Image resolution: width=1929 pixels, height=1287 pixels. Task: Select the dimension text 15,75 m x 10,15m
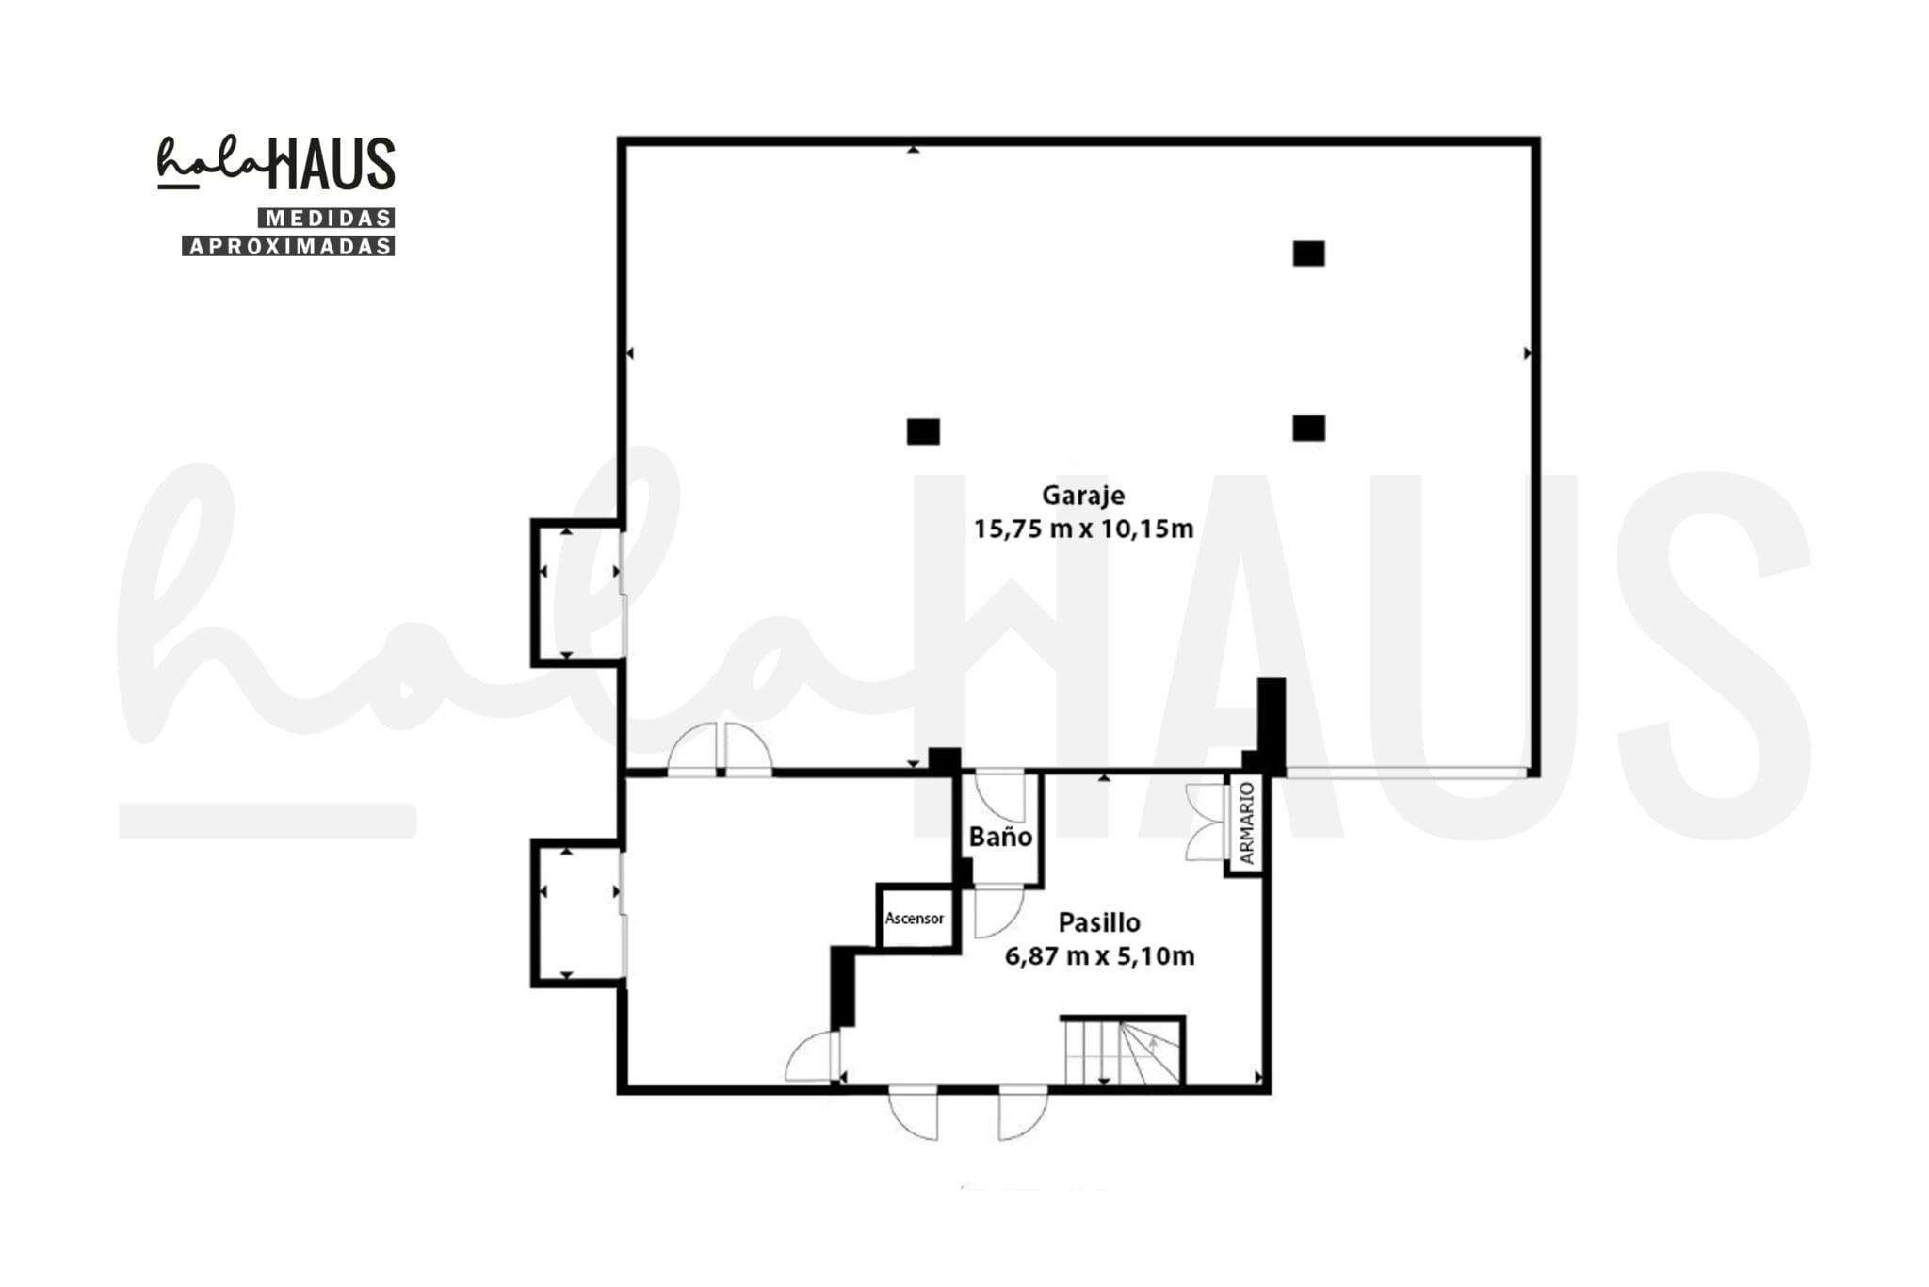[x=1083, y=529]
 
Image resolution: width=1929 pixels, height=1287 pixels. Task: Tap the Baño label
[x=1000, y=837]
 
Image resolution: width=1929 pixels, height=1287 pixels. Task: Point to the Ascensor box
[x=916, y=917]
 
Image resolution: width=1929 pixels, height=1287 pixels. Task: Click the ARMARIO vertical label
[x=1246, y=823]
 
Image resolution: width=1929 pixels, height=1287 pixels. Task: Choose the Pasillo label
[x=1099, y=922]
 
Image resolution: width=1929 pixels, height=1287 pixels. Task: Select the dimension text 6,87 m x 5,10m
[x=1099, y=956]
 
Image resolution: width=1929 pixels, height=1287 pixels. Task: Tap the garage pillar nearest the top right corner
[x=1308, y=253]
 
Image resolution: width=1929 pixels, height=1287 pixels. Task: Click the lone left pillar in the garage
[x=923, y=432]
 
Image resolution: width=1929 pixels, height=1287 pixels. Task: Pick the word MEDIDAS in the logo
[x=327, y=219]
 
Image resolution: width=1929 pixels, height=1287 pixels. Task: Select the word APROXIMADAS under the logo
[x=288, y=246]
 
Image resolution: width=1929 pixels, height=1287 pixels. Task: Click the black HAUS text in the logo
[x=332, y=163]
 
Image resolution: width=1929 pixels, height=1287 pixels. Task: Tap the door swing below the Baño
[x=998, y=911]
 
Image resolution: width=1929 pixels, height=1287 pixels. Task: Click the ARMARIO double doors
[x=1205, y=823]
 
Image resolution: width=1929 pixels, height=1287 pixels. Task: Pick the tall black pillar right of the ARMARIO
[x=1272, y=726]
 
